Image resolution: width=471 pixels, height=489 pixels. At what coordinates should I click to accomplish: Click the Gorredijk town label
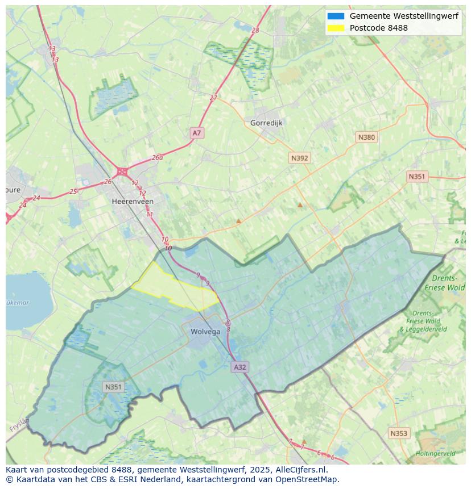[x=266, y=123]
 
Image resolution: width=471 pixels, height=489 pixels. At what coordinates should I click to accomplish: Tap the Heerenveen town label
[x=133, y=202]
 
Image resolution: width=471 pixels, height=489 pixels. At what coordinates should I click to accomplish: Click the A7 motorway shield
[x=196, y=133]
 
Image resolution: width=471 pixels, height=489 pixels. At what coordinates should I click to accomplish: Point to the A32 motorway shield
[x=240, y=367]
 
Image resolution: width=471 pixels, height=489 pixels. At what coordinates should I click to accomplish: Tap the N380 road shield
[x=366, y=137]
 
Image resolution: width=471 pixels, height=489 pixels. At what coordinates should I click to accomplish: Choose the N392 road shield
[x=299, y=158]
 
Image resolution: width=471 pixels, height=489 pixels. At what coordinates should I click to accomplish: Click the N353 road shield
[x=398, y=433]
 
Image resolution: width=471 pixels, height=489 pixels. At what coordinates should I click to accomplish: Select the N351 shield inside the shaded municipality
[x=113, y=387]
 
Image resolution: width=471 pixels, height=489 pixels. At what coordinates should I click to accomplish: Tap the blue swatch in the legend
[x=336, y=16]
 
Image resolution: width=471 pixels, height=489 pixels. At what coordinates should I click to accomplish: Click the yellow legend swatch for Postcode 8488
[x=336, y=28]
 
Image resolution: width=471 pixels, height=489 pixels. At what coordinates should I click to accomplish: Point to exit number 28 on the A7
[x=255, y=30]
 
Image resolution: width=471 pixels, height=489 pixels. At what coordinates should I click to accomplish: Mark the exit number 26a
[x=158, y=158]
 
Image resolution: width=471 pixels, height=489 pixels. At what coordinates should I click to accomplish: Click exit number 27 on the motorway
[x=213, y=98]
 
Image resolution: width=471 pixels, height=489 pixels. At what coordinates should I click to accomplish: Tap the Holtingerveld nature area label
[x=435, y=454]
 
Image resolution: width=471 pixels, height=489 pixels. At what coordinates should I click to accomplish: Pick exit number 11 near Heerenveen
[x=150, y=214]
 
